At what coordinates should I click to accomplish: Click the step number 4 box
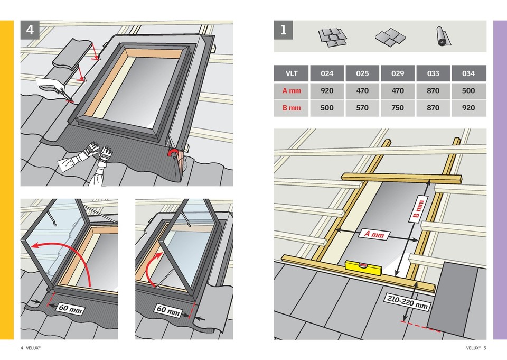click(30, 30)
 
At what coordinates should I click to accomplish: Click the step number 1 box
click(283, 30)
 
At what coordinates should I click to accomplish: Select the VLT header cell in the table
click(292, 73)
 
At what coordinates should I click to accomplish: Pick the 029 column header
click(398, 73)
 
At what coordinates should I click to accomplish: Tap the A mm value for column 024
click(327, 91)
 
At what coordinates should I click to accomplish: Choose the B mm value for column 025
click(362, 108)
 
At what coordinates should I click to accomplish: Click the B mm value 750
click(398, 108)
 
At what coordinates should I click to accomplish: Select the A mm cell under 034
click(468, 91)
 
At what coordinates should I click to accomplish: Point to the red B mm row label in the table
click(292, 108)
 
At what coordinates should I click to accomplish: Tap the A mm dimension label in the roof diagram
click(374, 234)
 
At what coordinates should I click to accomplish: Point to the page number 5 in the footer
click(485, 348)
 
